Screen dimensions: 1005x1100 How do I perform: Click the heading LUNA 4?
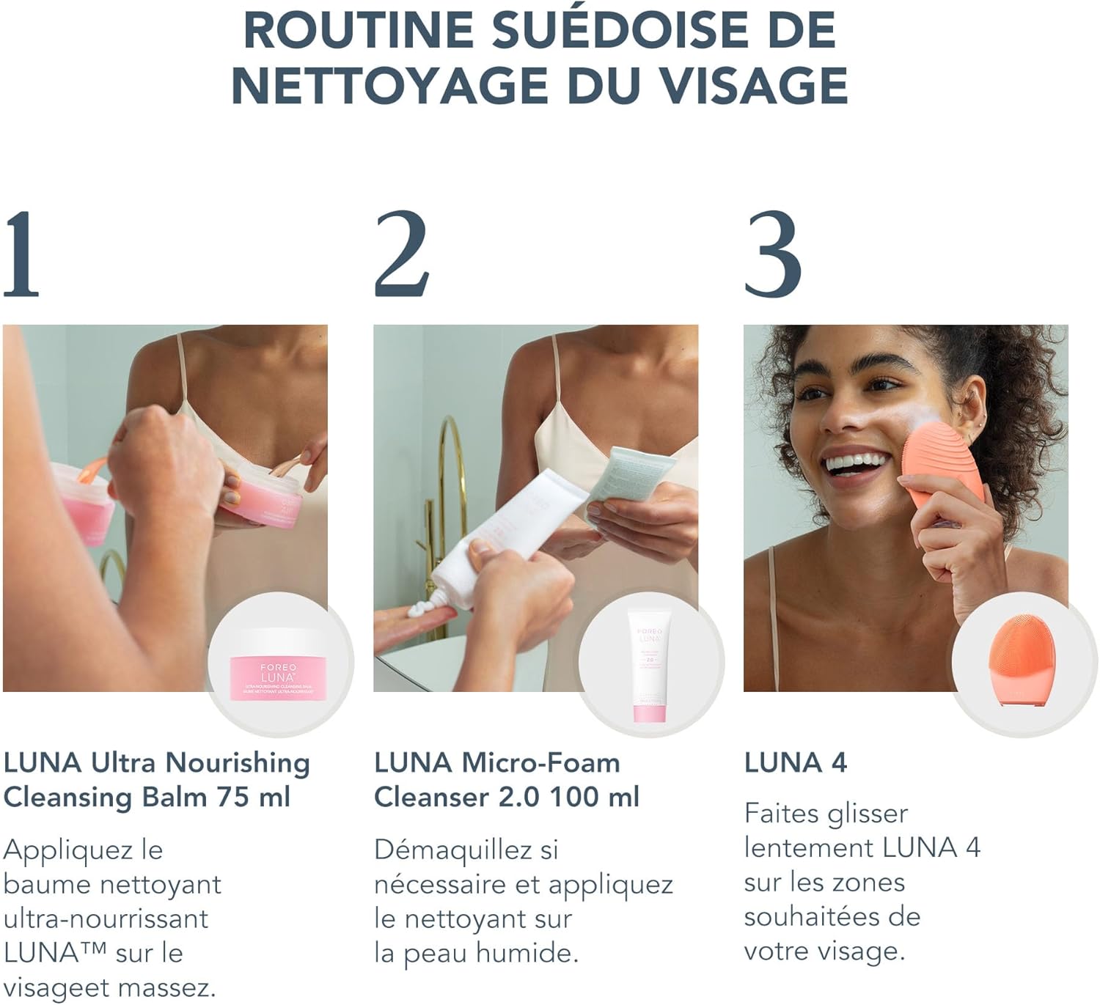[x=796, y=763]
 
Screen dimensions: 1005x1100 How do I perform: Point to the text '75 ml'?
[x=253, y=797]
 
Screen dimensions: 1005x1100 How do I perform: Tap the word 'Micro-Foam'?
[x=540, y=763]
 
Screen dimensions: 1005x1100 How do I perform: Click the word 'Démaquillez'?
[x=452, y=850]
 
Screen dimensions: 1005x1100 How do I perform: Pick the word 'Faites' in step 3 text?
[x=779, y=814]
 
